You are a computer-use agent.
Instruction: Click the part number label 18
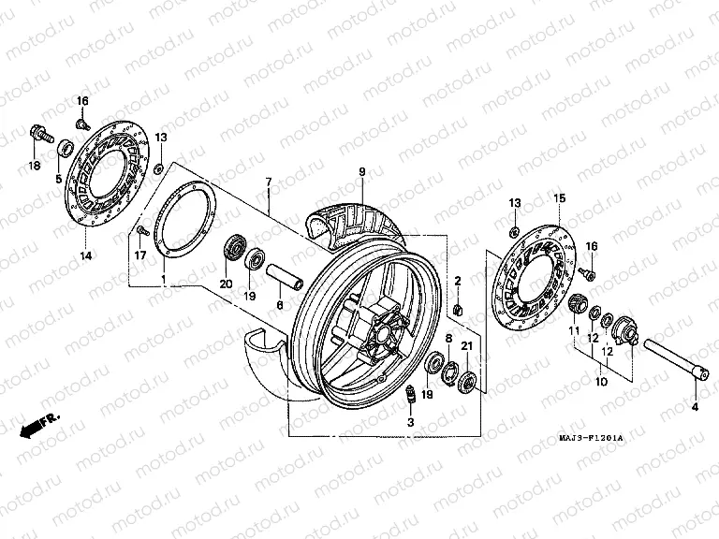(x=35, y=166)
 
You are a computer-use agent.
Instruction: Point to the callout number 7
(x=269, y=181)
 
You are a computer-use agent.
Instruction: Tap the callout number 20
(x=225, y=284)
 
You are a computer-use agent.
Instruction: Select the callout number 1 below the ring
(x=165, y=280)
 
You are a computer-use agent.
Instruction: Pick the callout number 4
(x=695, y=409)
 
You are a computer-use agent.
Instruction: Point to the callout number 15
(x=560, y=197)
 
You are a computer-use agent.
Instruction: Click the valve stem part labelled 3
(x=408, y=400)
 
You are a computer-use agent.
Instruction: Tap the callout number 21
(x=466, y=348)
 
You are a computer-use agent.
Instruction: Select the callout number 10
(x=600, y=382)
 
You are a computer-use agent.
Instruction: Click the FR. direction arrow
(x=38, y=424)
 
